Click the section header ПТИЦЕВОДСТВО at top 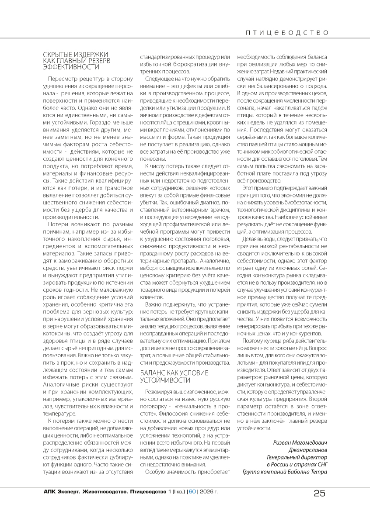pyautogui.click(x=286, y=32)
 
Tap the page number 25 pyautogui.click(x=319, y=493)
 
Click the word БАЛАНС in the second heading pyautogui.click(x=153, y=373)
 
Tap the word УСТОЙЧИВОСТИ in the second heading pyautogui.click(x=163, y=380)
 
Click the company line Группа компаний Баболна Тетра pyautogui.click(x=285, y=472)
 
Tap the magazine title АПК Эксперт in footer pyautogui.click(x=62, y=491)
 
